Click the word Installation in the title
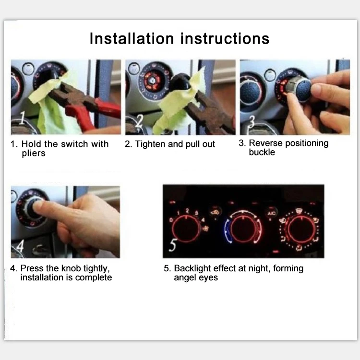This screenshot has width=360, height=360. click(x=132, y=38)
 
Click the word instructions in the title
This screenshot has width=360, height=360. click(x=225, y=38)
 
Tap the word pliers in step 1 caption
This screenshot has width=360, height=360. click(x=34, y=154)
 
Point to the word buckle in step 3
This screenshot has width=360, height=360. click(x=262, y=152)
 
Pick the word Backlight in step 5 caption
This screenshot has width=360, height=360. click(x=192, y=268)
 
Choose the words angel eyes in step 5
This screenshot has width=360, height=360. click(x=196, y=277)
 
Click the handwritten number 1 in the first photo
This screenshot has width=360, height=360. click(x=22, y=118)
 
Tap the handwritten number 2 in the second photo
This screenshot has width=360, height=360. click(x=139, y=121)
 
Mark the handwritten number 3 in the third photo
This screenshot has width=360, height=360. click(x=252, y=122)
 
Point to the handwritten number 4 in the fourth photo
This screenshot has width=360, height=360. click(x=20, y=246)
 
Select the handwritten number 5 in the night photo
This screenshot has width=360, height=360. click(x=173, y=245)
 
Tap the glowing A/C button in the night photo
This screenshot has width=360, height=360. click(x=271, y=214)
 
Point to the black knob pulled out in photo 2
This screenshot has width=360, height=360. click(x=181, y=82)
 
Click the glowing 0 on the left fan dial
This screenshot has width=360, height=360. click(x=171, y=220)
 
